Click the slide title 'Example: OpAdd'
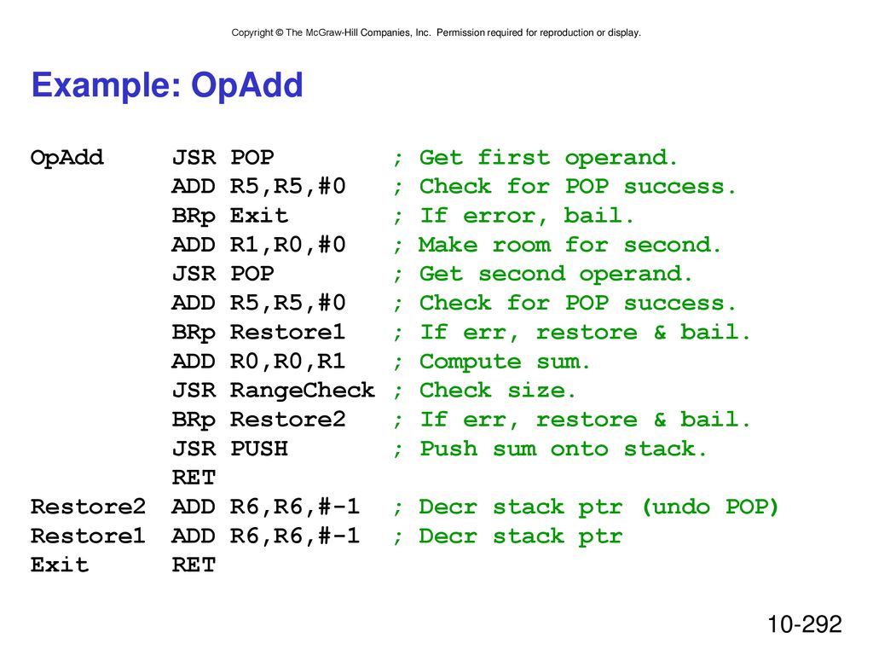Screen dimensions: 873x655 pyautogui.click(x=167, y=86)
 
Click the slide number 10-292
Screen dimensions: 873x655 pyautogui.click(x=805, y=623)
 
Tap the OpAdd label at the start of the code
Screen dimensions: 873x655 pyautogui.click(x=66, y=158)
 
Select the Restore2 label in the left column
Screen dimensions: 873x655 pyautogui.click(x=88, y=507)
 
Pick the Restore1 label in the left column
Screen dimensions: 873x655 pyautogui.click(x=88, y=536)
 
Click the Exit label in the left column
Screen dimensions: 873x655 pyautogui.click(x=60, y=565)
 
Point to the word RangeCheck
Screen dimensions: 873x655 pyautogui.click(x=303, y=391)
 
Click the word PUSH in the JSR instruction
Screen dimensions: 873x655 pyautogui.click(x=259, y=449)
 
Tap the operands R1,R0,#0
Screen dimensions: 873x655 pyautogui.click(x=288, y=245)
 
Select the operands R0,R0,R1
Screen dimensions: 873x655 pyautogui.click(x=288, y=362)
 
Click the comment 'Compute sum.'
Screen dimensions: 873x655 pyautogui.click(x=505, y=362)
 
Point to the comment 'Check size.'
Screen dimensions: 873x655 pyautogui.click(x=497, y=391)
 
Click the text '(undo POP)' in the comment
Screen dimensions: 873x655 pyautogui.click(x=710, y=507)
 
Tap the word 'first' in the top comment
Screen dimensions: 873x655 pyautogui.click(x=514, y=158)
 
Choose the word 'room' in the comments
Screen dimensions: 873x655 pyautogui.click(x=521, y=245)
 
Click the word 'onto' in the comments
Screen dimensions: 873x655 pyautogui.click(x=579, y=449)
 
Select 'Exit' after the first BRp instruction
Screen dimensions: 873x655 pyautogui.click(x=259, y=216)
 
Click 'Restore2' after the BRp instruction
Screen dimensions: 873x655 pyautogui.click(x=288, y=420)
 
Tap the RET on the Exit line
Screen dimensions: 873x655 pyautogui.click(x=194, y=565)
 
